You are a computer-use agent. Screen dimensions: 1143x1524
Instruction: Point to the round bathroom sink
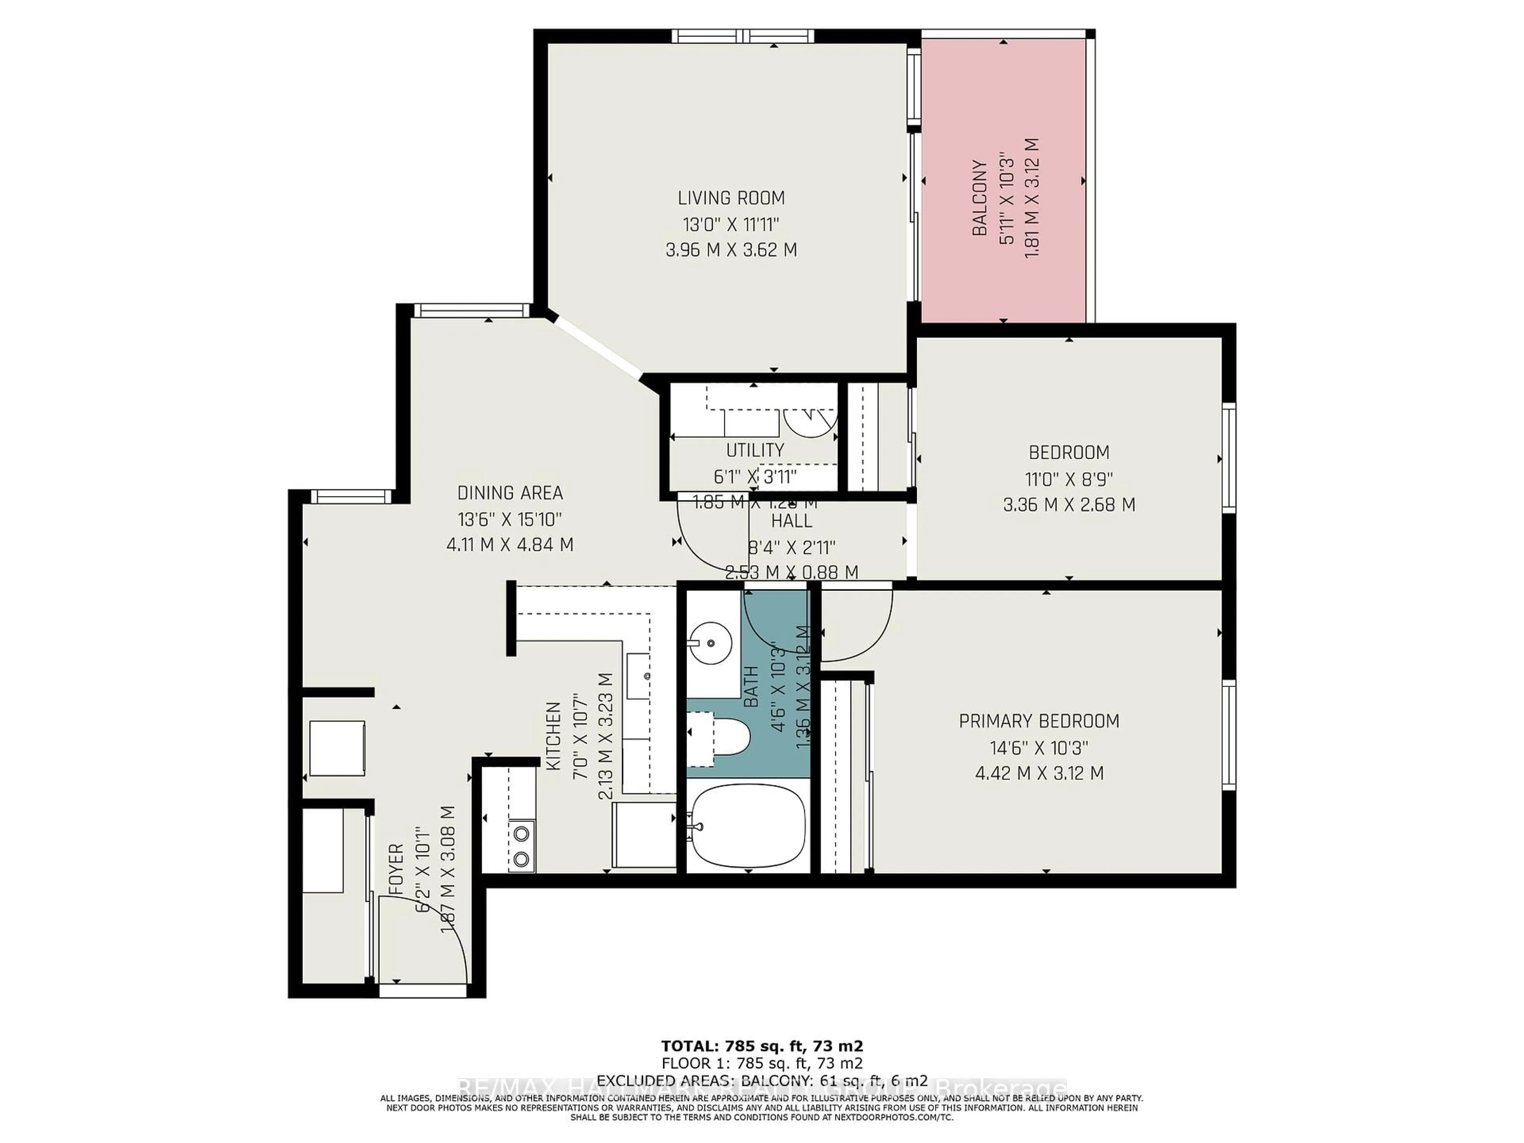coord(710,643)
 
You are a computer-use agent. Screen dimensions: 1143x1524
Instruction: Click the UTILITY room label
coord(755,450)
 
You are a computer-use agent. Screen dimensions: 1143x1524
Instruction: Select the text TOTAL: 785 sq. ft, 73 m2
coord(762,1046)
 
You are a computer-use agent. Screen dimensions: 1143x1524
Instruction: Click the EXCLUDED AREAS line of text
coord(762,1081)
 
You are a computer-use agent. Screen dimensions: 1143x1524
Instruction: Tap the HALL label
coord(792,521)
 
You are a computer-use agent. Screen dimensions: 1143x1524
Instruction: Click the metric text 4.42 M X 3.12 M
coord(1039,773)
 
